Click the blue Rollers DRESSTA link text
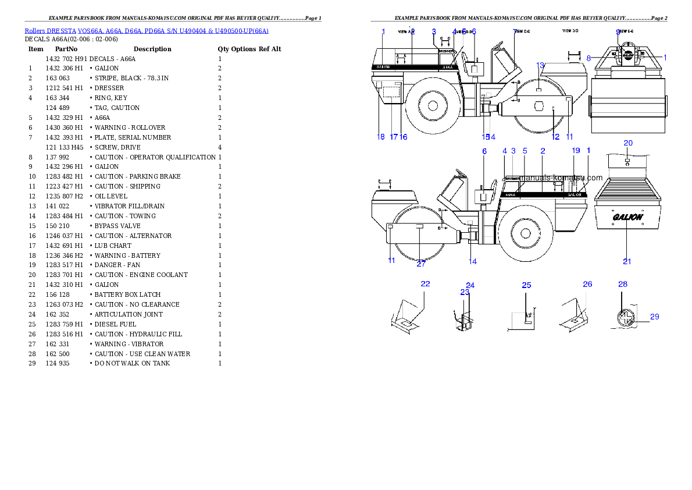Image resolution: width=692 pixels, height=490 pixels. (146, 30)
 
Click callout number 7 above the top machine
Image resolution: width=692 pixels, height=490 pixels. (515, 31)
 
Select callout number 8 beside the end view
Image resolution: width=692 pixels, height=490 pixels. (588, 58)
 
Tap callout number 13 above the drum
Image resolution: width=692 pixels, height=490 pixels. (540, 65)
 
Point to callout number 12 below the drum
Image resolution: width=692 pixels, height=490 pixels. (556, 137)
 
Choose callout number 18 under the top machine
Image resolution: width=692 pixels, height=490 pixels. (381, 137)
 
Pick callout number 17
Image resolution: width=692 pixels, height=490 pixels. (394, 137)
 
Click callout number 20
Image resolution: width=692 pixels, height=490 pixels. (628, 143)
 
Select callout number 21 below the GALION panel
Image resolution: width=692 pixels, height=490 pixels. (627, 261)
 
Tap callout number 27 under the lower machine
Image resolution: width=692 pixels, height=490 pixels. (421, 264)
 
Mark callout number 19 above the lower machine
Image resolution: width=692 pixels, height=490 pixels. (576, 151)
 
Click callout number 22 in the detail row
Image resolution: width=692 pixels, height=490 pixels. (426, 283)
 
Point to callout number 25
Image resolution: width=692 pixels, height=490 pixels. (526, 285)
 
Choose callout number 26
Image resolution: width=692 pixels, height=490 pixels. (587, 284)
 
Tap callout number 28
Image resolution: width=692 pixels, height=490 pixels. (623, 284)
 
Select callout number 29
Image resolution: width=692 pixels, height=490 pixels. (655, 317)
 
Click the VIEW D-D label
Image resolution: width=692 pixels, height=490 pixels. (570, 30)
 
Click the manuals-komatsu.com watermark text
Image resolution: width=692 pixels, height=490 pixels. (562, 178)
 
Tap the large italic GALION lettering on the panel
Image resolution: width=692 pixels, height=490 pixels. (627, 217)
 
